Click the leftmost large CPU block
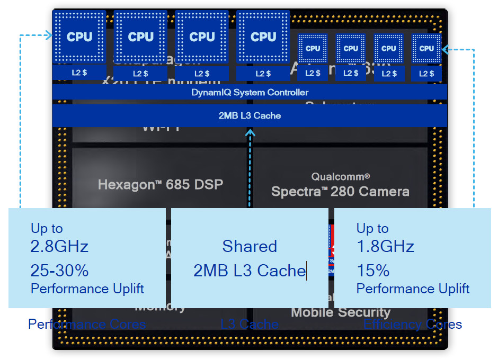pos(79,37)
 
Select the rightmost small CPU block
pos(426,48)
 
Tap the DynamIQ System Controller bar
pos(250,92)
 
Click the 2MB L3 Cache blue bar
pos(250,115)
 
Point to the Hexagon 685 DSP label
pos(161,184)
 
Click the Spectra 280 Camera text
pos(340,191)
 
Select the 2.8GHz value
pos(59,246)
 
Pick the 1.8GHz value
pos(385,246)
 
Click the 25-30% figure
pos(59,271)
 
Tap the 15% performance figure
pos(373,271)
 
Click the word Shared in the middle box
pos(250,246)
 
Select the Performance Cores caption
pos(87,324)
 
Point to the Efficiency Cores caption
pos(413,324)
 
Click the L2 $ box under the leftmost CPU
pos(79,73)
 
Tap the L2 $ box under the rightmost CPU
pos(426,73)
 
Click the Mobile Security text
pos(340,312)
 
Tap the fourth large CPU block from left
pos(263,37)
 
